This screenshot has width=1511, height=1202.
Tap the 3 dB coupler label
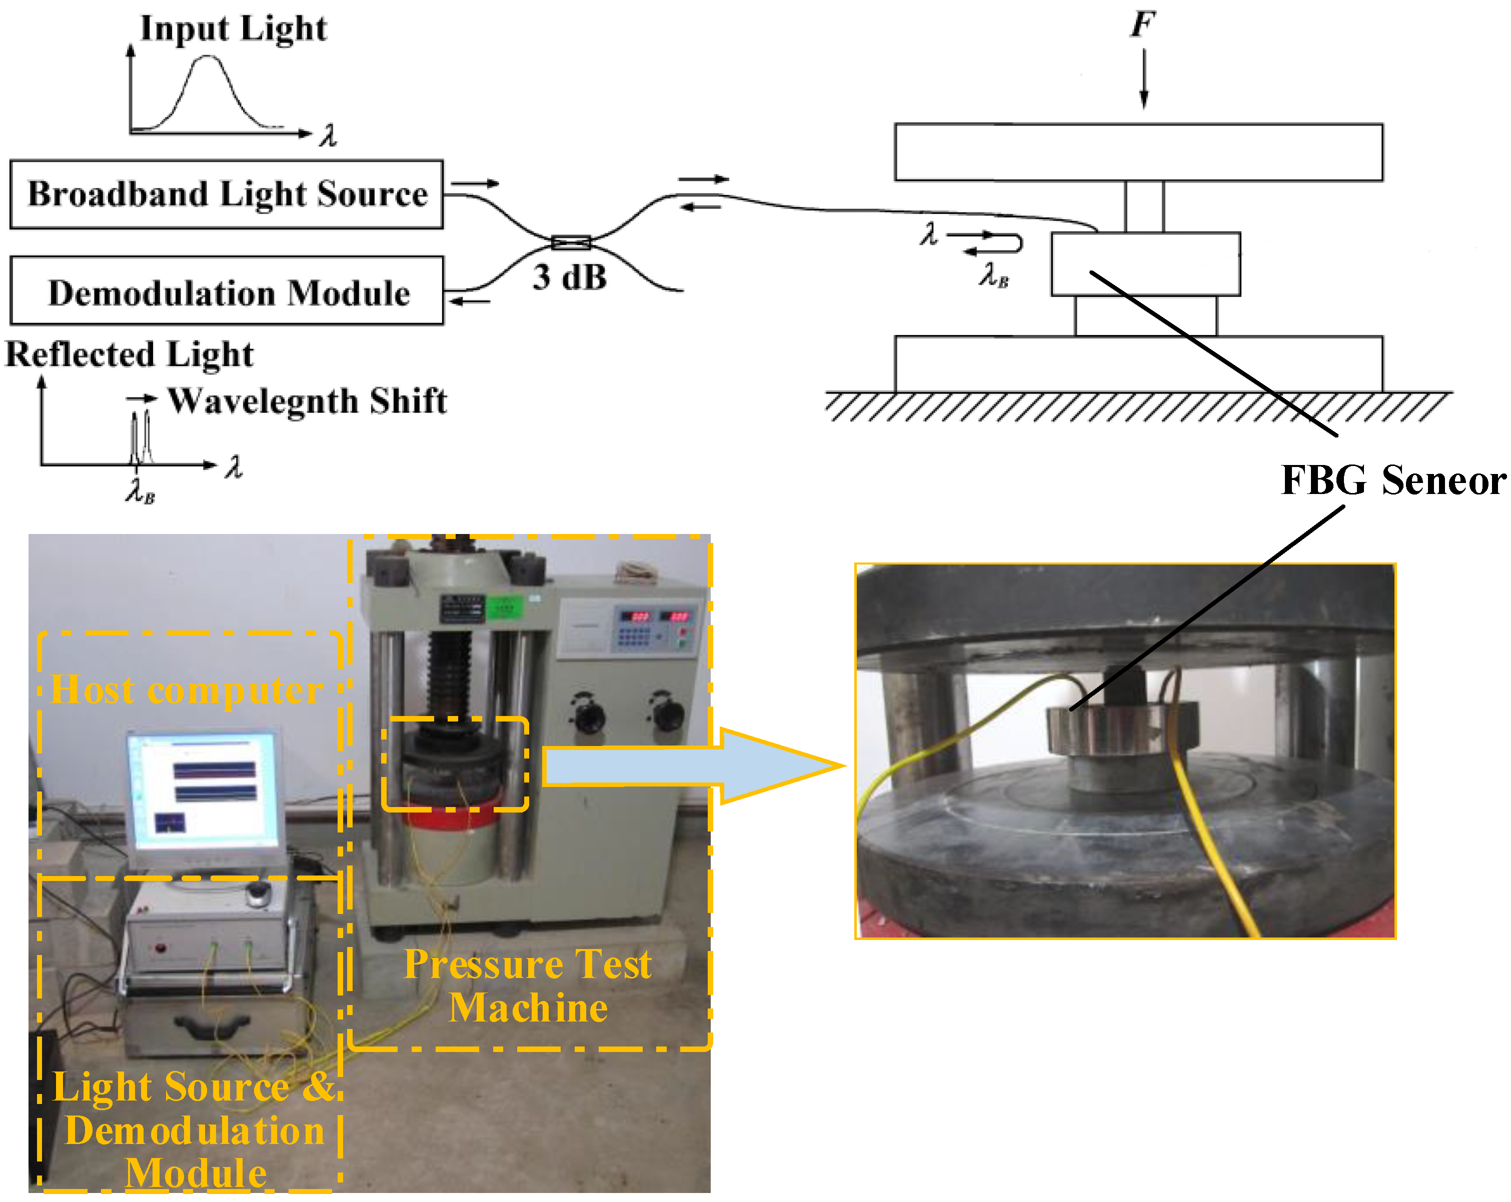pos(569,277)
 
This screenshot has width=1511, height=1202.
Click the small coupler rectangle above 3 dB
pos(571,242)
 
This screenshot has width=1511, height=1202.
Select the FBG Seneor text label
pos(1392,480)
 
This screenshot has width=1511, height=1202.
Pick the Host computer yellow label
pos(187,690)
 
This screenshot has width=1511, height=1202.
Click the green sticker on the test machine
pos(505,606)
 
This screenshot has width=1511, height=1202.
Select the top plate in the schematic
pos(1138,152)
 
